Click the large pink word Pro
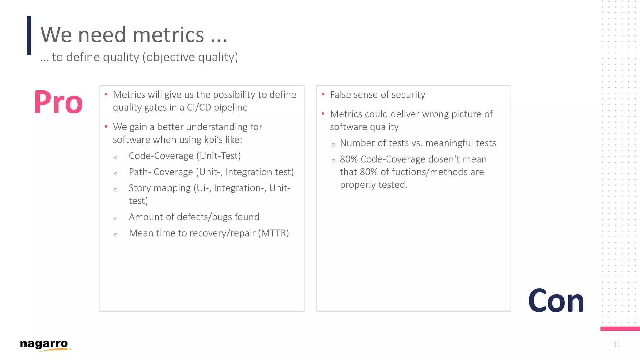click(x=58, y=102)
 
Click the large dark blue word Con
click(x=556, y=301)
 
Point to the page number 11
click(x=617, y=345)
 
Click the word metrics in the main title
click(x=168, y=35)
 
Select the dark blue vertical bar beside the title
click(x=29, y=36)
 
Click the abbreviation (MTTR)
click(x=273, y=233)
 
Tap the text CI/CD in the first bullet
click(x=199, y=107)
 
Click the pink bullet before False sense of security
click(x=323, y=94)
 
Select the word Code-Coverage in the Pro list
click(x=161, y=156)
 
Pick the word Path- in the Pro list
click(x=140, y=172)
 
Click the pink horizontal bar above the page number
click(x=620, y=328)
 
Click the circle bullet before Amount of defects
click(x=116, y=219)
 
